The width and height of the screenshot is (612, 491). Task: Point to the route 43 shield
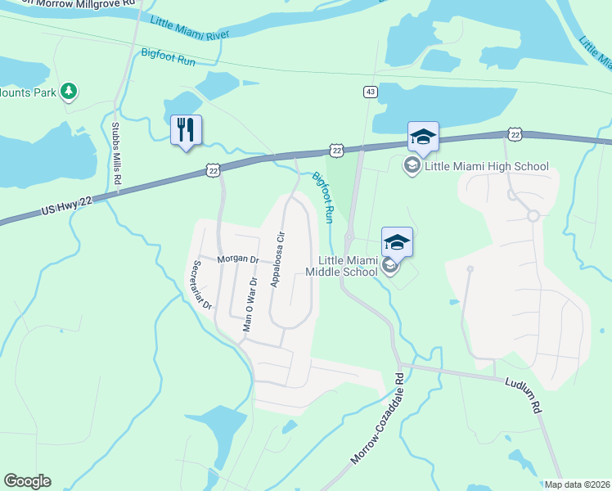(371, 92)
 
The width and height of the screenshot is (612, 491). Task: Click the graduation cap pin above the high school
(423, 136)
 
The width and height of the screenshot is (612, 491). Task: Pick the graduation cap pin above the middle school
(397, 241)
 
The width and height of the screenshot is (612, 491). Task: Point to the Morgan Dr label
(238, 259)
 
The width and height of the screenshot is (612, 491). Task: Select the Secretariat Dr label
(201, 286)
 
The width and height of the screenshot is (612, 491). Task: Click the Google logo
(27, 481)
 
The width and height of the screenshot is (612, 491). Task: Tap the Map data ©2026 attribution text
(577, 484)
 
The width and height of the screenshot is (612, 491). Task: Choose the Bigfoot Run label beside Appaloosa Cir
(324, 197)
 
